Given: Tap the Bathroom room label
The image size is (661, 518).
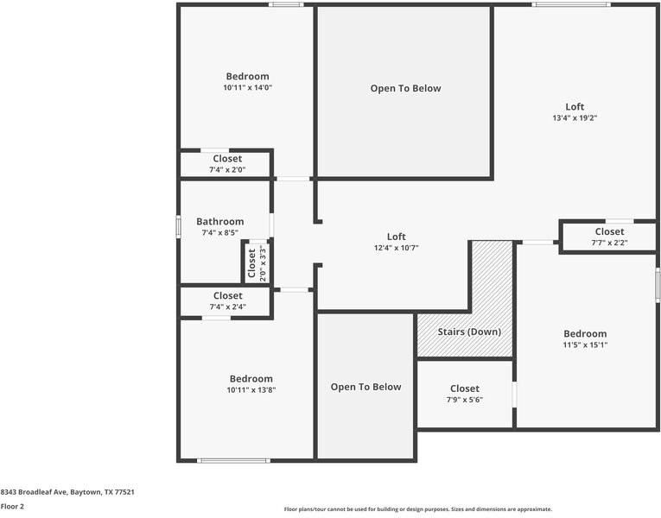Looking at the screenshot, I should click(219, 222).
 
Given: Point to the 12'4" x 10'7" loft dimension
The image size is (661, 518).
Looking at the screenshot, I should click(396, 249).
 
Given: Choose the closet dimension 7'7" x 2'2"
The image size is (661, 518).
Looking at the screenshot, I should click(609, 243).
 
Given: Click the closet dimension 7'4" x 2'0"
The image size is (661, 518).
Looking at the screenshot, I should click(227, 170).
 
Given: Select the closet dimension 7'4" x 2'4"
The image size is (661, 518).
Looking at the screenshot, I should click(227, 307).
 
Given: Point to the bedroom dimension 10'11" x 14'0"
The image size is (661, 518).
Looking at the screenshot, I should click(247, 88).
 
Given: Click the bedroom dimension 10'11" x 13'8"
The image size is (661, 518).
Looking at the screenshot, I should click(251, 390).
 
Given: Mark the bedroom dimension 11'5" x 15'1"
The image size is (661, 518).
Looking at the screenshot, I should click(585, 345).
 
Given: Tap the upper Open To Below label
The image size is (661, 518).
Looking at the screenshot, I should click(405, 89).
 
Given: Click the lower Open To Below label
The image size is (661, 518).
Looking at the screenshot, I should click(365, 388).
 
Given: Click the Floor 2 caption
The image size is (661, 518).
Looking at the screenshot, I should click(12, 507).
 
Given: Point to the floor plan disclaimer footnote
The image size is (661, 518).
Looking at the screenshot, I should click(417, 509).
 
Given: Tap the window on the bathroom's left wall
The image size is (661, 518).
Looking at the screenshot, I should click(179, 226).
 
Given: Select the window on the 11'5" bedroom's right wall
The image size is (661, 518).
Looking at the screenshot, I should click(658, 284).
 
